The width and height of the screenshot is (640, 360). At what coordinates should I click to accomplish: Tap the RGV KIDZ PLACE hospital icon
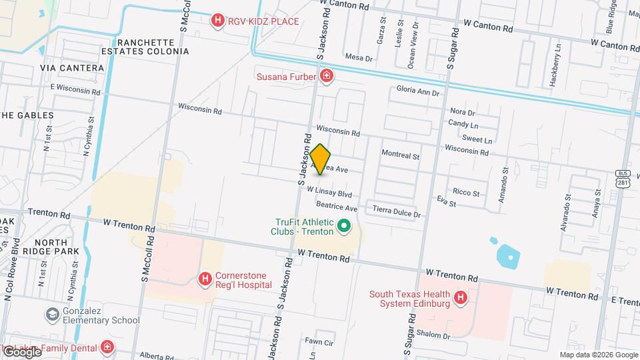[217, 21]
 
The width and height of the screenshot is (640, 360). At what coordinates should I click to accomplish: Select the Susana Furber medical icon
[326, 76]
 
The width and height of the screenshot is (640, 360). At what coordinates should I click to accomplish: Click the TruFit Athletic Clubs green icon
[344, 227]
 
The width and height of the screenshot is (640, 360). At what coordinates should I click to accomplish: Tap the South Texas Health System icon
[460, 298]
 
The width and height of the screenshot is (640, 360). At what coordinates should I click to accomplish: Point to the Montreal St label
[400, 155]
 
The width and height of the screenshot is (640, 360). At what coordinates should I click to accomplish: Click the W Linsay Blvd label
[329, 192]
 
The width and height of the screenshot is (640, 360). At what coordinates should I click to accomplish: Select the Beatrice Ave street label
[337, 208]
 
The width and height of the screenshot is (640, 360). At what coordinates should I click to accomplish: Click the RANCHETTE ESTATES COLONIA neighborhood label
[145, 45]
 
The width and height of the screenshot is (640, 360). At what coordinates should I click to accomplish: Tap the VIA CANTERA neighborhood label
[72, 68]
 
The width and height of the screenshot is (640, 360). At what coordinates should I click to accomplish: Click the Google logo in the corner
[21, 351]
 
